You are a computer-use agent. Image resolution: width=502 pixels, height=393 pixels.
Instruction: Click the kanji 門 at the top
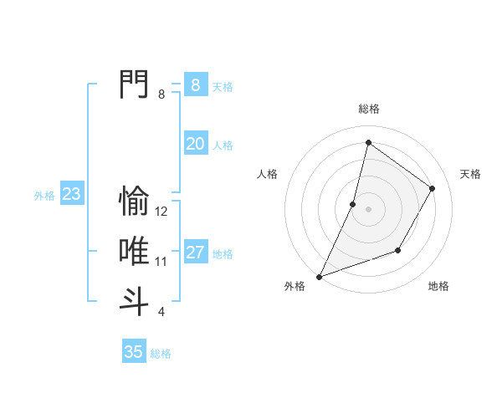point(134,84)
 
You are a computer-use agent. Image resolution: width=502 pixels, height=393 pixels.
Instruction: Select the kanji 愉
point(134,201)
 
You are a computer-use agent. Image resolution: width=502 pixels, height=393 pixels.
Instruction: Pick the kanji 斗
point(134,301)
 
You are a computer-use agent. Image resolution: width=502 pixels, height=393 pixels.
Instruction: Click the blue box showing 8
point(195,84)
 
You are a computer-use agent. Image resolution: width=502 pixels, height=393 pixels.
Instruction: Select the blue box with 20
point(195,144)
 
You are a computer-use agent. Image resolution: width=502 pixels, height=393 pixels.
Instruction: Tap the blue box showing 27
point(195,253)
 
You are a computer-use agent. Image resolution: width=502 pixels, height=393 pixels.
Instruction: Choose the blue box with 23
point(71,195)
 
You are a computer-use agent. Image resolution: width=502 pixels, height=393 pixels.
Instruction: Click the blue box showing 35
point(133,352)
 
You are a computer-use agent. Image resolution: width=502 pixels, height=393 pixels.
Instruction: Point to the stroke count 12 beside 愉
point(161,212)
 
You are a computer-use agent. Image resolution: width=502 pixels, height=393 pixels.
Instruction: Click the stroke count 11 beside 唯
point(161,262)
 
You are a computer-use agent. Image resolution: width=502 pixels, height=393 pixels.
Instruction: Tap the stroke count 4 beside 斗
point(161,312)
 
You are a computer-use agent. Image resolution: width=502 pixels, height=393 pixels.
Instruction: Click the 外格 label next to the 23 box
point(44,196)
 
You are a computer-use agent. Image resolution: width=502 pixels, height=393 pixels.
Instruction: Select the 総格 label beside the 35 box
point(161,354)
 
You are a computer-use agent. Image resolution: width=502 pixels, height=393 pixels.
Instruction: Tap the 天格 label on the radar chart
point(470,174)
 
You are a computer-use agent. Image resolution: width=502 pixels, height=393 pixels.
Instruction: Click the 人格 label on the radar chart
point(267,174)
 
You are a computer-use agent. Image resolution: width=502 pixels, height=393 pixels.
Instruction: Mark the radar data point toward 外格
point(319,276)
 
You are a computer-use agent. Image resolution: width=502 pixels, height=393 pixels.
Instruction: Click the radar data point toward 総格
point(368,142)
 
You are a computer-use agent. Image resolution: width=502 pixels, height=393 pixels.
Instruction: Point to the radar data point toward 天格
point(432,188)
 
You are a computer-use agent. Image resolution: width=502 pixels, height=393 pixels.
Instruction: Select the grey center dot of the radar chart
point(368,209)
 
